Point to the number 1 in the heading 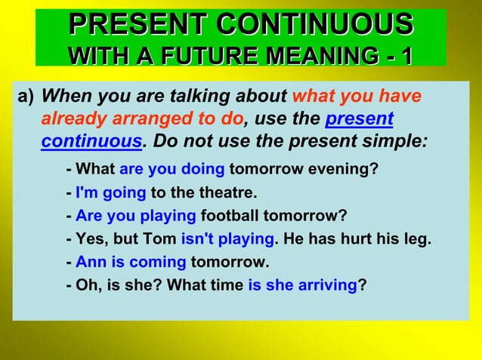click(406, 56)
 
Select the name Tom click(162, 239)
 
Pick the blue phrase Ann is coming click(131, 263)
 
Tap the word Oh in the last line click(85, 286)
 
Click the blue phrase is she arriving click(302, 286)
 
